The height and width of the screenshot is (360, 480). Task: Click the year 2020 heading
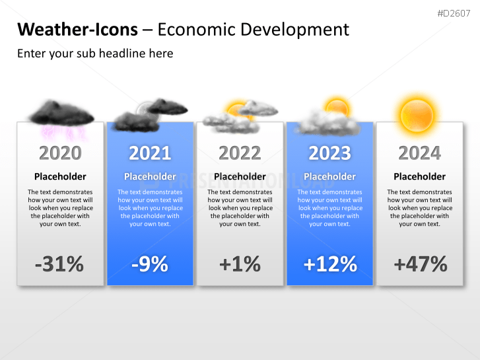[60, 153]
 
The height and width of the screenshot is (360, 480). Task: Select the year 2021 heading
[150, 153]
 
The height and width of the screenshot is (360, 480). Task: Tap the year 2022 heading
[240, 153]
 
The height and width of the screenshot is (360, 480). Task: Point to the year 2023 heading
[329, 153]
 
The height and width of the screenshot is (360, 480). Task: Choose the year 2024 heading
[419, 153]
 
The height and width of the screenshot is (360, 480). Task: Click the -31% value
[59, 264]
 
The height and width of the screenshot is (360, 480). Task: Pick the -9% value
[150, 264]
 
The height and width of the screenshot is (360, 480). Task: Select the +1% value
[240, 264]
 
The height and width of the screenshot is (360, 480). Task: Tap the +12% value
[330, 264]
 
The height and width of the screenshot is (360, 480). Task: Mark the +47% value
[420, 264]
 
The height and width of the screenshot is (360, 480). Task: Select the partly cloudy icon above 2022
[240, 114]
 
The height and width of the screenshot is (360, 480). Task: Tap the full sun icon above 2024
[417, 114]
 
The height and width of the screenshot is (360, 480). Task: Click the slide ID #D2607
[454, 13]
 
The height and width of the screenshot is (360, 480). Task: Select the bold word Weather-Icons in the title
[77, 29]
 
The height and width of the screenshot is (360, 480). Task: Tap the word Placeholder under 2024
[419, 176]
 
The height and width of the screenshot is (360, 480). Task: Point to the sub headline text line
[95, 54]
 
